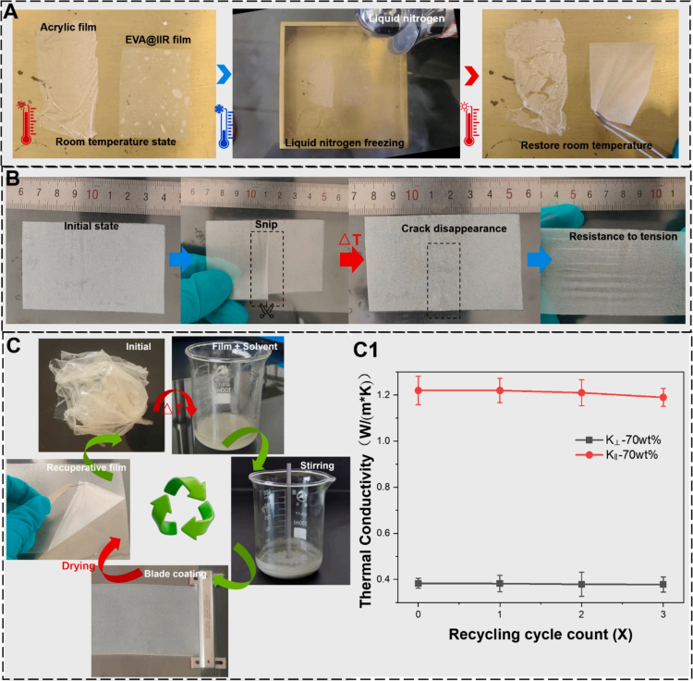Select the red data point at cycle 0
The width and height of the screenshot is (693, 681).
point(419,390)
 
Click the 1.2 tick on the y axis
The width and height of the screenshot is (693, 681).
point(396,391)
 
